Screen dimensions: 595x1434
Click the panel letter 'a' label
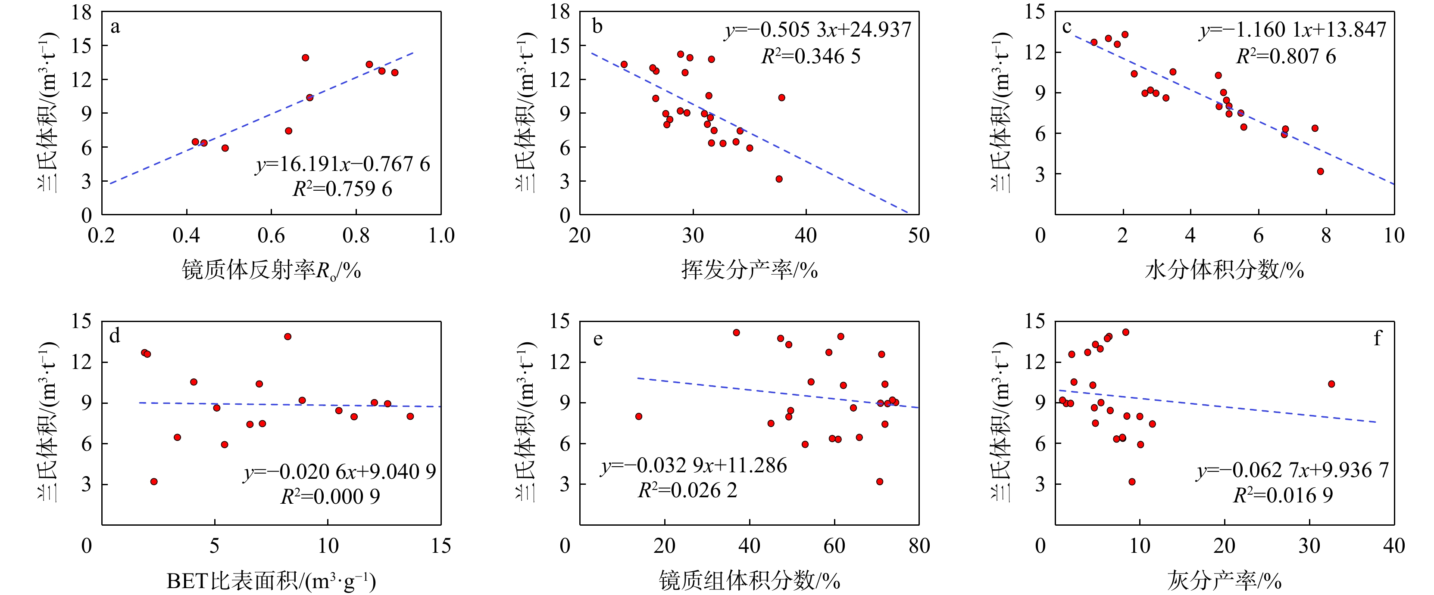coord(115,27)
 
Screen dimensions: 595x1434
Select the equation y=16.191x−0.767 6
coord(342,164)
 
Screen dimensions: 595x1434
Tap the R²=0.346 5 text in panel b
coord(810,56)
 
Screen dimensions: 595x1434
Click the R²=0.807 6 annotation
coord(1286,56)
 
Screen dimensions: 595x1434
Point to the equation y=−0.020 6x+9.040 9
coord(340,471)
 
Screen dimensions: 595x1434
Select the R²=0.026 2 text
coord(687,490)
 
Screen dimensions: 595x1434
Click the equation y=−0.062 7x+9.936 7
coord(1293,471)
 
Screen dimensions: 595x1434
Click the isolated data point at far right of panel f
coord(1331,384)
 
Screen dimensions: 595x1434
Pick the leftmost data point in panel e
coord(638,416)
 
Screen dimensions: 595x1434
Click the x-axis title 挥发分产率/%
coord(749,270)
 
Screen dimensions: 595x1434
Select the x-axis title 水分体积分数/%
coord(1224,270)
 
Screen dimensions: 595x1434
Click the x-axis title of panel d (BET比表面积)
coord(271,581)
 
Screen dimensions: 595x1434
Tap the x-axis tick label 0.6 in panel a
coord(271,236)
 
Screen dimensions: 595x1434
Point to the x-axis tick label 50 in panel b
coord(919,236)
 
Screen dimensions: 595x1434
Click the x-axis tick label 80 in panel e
coord(919,546)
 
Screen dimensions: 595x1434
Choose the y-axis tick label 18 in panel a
coord(81,12)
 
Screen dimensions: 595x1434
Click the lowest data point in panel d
coord(154,482)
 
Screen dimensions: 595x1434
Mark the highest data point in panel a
coord(305,58)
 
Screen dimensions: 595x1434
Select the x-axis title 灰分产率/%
coord(1224,581)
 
